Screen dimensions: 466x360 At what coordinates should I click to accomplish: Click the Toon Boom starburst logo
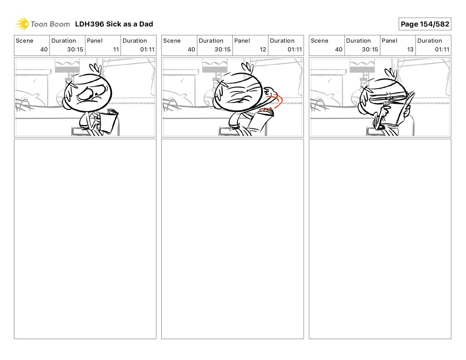[22, 24]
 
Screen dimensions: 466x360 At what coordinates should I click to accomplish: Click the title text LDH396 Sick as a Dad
[114, 24]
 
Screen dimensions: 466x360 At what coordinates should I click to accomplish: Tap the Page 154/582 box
[425, 24]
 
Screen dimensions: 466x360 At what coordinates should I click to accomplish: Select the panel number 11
[116, 49]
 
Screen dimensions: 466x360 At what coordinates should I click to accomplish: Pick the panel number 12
[263, 49]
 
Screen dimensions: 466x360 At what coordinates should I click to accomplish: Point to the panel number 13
[410, 49]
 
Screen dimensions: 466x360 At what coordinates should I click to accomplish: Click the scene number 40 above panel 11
[44, 49]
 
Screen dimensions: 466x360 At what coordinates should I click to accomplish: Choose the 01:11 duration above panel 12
[295, 49]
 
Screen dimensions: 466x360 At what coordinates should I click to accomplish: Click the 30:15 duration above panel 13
[370, 49]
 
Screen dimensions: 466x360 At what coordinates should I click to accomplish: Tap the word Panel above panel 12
[242, 41]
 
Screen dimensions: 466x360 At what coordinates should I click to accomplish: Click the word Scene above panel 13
[319, 41]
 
